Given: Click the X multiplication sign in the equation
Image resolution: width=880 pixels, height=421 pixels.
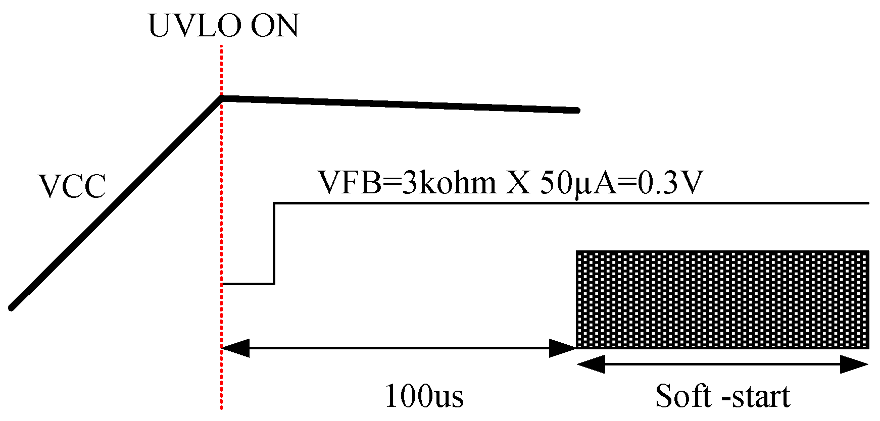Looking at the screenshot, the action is click(518, 183).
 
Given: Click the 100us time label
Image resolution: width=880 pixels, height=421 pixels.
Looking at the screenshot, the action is click(424, 396).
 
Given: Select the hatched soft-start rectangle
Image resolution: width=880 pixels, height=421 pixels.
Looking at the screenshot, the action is click(722, 299).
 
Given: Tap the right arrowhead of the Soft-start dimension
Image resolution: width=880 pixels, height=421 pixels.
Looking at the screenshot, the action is click(855, 364).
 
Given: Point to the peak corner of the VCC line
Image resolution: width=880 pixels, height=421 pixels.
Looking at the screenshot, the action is click(221, 97).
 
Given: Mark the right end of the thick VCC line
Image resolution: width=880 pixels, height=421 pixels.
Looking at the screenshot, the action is click(577, 110).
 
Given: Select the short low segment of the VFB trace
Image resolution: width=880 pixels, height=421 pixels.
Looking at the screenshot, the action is click(248, 284).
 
